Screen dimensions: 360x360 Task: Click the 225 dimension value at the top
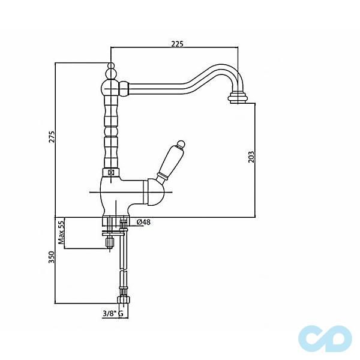pos(176,43)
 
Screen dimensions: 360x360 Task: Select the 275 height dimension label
pos(52,137)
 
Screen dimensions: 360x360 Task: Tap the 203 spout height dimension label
pos(251,156)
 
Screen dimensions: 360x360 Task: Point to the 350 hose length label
pos(52,257)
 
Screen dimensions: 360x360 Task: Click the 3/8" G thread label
pos(112,313)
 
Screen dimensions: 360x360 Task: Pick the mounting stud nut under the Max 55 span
pos(110,244)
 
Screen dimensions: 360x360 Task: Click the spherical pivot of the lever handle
pos(154,193)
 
